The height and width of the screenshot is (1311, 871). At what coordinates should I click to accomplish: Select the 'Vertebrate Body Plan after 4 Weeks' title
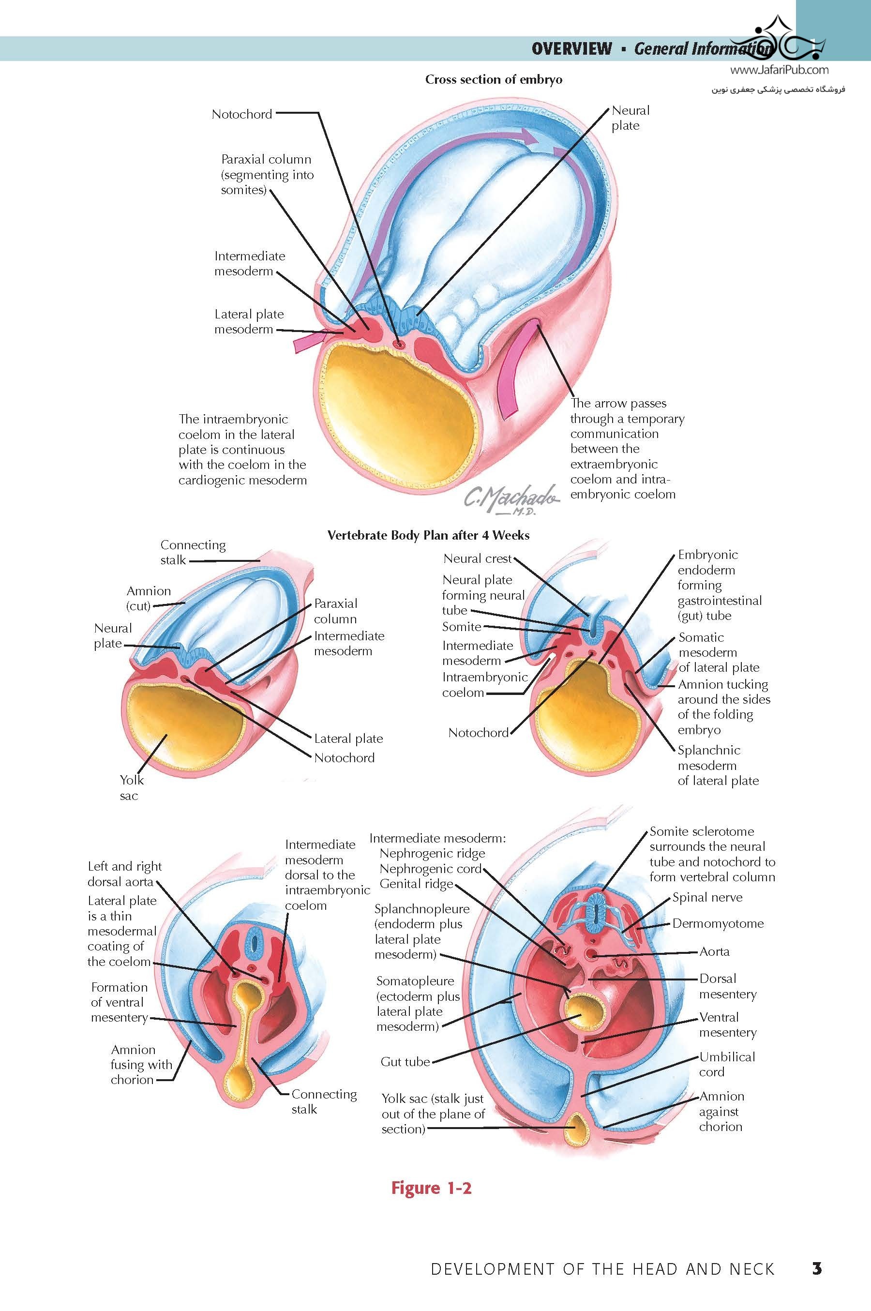428,536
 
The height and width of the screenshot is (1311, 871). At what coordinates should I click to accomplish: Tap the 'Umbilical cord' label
727,1064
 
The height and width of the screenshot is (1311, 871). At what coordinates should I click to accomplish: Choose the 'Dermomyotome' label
718,923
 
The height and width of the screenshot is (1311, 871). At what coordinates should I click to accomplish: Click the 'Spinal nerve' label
707,897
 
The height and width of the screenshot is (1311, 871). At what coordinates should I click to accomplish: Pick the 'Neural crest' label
477,558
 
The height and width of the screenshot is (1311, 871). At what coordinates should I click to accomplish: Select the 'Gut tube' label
405,1062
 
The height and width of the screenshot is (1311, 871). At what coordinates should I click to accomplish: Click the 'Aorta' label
714,951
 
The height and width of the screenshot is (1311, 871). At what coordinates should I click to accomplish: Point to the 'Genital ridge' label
416,883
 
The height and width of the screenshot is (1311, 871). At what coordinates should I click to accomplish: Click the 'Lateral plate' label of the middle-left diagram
348,738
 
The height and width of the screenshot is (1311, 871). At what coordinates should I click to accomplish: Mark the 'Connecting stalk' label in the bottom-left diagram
324,1101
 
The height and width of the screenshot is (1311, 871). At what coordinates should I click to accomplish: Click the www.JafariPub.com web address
779,70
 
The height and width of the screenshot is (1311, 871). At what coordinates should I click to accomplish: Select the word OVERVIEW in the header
571,49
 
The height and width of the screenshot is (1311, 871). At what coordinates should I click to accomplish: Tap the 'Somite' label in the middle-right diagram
461,627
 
